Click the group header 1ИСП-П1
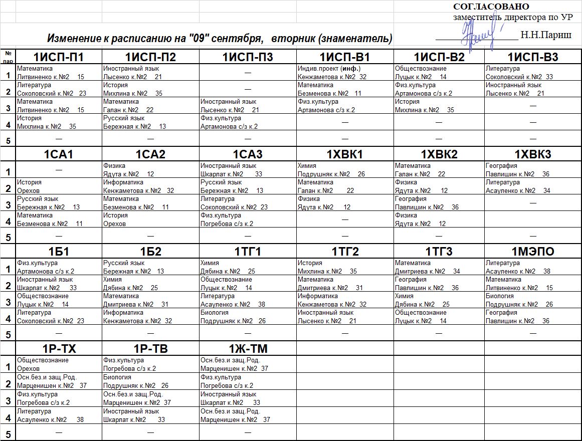point(59,57)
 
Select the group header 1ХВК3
point(533,154)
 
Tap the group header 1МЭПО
point(533,251)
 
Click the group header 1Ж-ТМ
point(248,349)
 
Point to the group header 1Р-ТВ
point(150,349)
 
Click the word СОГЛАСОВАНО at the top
point(491,7)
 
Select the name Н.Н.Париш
point(546,35)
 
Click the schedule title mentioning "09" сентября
point(220,39)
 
